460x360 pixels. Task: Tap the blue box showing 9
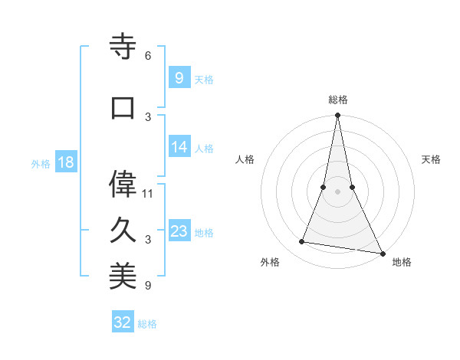coord(179,78)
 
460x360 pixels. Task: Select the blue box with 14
coord(179,148)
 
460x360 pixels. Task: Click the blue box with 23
coord(179,231)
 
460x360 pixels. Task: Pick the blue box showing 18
coord(65,163)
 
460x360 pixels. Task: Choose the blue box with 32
coord(123,322)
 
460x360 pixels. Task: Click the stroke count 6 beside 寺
coord(148,56)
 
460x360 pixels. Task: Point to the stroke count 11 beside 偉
coord(148,193)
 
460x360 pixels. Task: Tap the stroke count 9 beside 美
coord(148,286)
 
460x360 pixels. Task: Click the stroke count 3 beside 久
coord(148,240)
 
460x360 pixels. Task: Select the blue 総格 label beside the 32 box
coord(147,324)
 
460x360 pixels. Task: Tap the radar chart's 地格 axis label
coord(402,262)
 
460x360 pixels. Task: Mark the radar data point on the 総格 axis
coord(337,116)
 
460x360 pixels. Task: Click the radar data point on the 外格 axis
coord(302,242)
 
